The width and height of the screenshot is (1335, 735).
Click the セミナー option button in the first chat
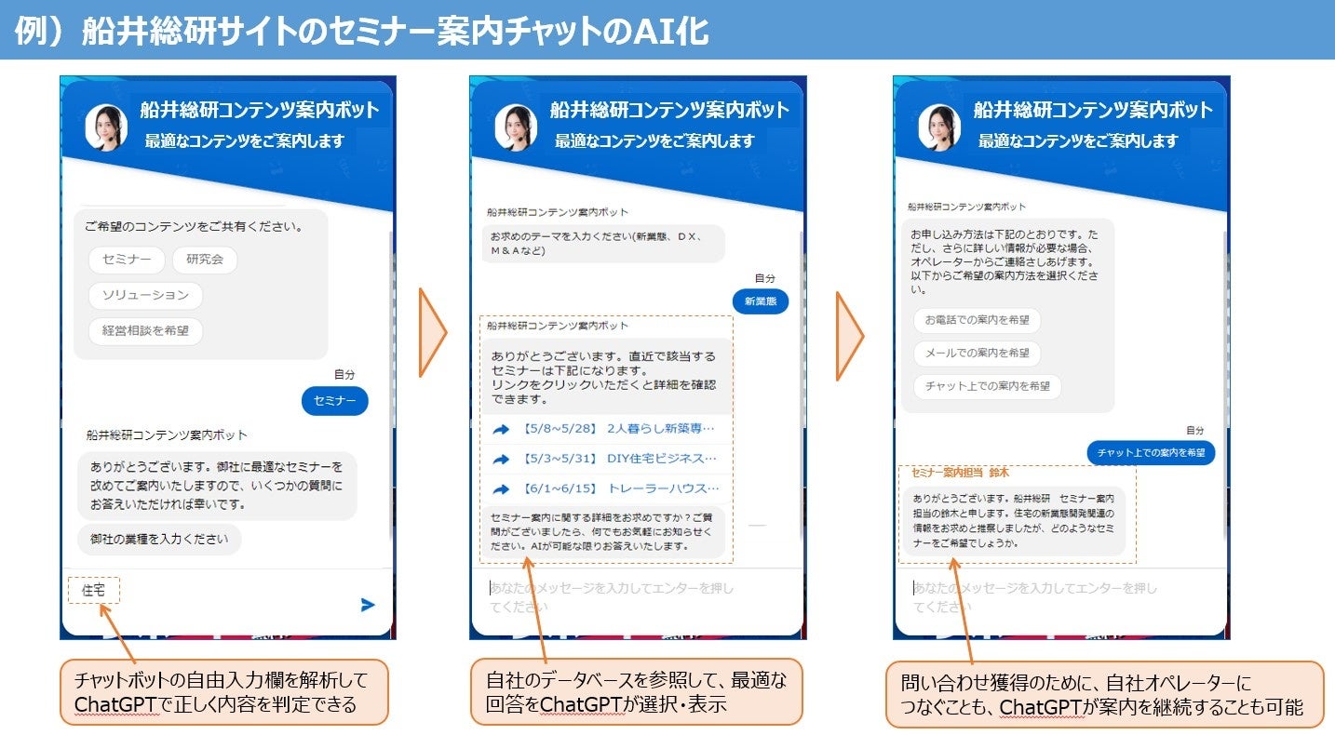click(x=127, y=260)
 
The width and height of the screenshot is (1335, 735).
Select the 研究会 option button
click(x=205, y=260)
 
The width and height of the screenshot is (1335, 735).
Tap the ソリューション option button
click(x=145, y=295)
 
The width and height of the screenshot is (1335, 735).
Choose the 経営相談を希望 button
click(x=145, y=330)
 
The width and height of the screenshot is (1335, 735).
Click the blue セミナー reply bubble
click(x=335, y=401)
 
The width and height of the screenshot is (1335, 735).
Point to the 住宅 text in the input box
click(x=94, y=590)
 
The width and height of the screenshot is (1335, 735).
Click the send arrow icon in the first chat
click(x=368, y=605)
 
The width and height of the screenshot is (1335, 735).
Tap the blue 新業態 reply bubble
click(x=760, y=301)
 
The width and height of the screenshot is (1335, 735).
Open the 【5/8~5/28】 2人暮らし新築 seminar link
click(x=606, y=429)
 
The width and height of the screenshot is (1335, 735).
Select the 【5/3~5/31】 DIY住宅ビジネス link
click(x=606, y=459)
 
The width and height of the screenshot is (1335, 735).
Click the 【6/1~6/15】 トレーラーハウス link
click(x=606, y=488)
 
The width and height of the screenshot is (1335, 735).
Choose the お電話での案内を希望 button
click(x=977, y=320)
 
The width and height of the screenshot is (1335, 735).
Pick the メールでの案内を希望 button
click(x=977, y=354)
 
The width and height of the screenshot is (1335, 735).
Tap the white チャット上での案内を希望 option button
click(x=987, y=386)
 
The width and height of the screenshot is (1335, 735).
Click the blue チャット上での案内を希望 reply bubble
click(x=1151, y=453)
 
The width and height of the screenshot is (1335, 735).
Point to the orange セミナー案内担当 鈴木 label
click(x=960, y=473)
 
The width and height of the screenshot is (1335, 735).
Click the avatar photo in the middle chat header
click(x=516, y=127)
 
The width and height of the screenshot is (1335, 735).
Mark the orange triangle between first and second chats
click(x=433, y=332)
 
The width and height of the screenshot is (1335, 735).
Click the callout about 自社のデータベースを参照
click(x=636, y=692)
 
